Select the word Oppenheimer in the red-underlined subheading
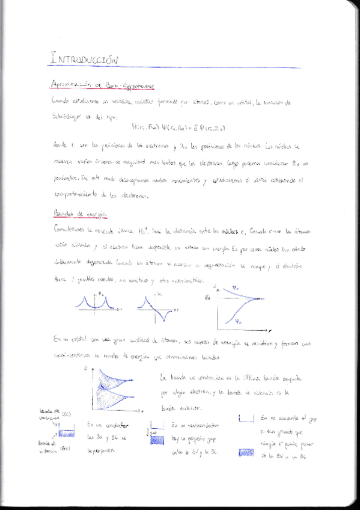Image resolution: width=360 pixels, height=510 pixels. click(x=136, y=87)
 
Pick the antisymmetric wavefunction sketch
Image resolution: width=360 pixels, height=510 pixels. click(x=156, y=307)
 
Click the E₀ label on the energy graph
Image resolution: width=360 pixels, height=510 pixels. click(x=208, y=297)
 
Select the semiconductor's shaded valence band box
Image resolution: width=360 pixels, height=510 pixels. click(x=156, y=440)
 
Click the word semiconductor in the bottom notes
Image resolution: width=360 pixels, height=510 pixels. click(x=198, y=425)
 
